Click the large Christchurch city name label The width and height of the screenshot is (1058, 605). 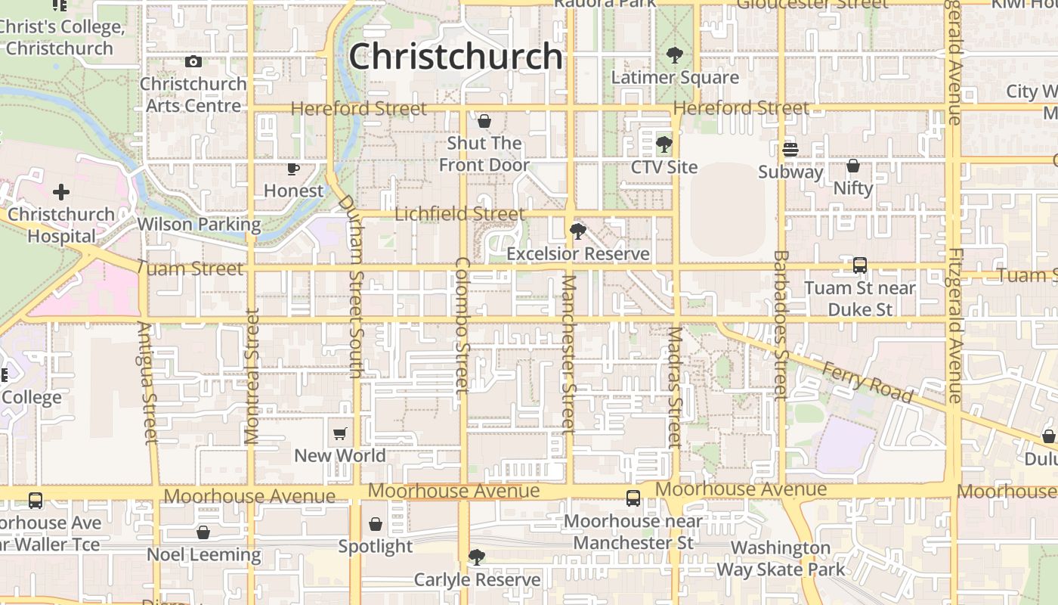[x=456, y=57]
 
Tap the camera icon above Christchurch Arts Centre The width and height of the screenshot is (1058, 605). [x=193, y=62]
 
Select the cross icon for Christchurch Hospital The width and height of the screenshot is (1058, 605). [x=61, y=192]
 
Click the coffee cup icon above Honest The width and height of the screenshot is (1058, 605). [x=293, y=169]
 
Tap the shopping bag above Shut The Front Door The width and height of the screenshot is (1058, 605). [x=484, y=121]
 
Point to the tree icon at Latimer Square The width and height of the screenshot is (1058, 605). [x=675, y=55]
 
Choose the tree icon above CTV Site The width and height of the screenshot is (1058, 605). [x=664, y=144]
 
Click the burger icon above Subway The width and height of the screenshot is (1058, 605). [x=790, y=150]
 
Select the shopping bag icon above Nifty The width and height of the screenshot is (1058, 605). [x=853, y=166]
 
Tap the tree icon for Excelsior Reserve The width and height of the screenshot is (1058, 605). [x=578, y=231]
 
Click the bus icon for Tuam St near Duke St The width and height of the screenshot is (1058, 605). [x=860, y=265]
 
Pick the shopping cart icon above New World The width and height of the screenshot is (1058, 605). [x=340, y=433]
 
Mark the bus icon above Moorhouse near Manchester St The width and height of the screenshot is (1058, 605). [x=633, y=498]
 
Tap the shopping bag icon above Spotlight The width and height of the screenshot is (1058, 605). [x=376, y=524]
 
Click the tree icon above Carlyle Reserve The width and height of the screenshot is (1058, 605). [x=477, y=557]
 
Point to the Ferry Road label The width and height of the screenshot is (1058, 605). [x=868, y=383]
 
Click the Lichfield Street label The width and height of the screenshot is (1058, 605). [x=459, y=215]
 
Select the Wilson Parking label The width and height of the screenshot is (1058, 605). [x=199, y=225]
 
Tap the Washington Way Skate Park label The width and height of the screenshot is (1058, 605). [x=781, y=558]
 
